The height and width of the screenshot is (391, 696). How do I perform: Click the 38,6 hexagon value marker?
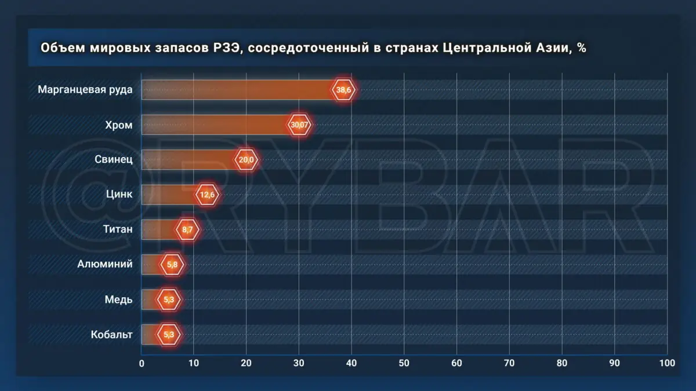pyautogui.click(x=344, y=90)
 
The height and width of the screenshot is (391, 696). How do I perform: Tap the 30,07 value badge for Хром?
pyautogui.click(x=299, y=125)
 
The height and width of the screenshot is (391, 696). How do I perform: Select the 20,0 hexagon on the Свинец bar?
pyautogui.click(x=246, y=160)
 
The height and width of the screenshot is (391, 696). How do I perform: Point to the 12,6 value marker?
pyautogui.click(x=207, y=195)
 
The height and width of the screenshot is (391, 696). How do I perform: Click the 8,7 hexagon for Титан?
pyautogui.click(x=187, y=230)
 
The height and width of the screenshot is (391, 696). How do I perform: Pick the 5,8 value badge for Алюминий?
pyautogui.click(x=172, y=265)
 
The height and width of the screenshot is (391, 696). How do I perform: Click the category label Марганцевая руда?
pyautogui.click(x=85, y=90)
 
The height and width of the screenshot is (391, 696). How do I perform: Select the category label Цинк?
pyautogui.click(x=119, y=195)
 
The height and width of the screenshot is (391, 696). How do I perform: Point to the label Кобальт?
pyautogui.click(x=112, y=335)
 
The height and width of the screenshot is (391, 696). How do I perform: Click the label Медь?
pyautogui.click(x=119, y=299)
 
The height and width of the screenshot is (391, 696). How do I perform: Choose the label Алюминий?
pyautogui.click(x=105, y=265)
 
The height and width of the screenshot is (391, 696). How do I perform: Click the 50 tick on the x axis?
pyautogui.click(x=404, y=363)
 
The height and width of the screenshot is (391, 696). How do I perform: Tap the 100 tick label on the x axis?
pyautogui.click(x=666, y=363)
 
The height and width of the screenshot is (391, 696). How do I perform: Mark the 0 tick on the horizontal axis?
pyautogui.click(x=142, y=363)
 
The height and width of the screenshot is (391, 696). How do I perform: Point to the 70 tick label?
pyautogui.click(x=509, y=363)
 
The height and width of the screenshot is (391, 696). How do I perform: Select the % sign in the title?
pyautogui.click(x=581, y=48)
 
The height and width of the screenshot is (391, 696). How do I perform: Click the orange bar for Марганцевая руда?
pyautogui.click(x=238, y=90)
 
